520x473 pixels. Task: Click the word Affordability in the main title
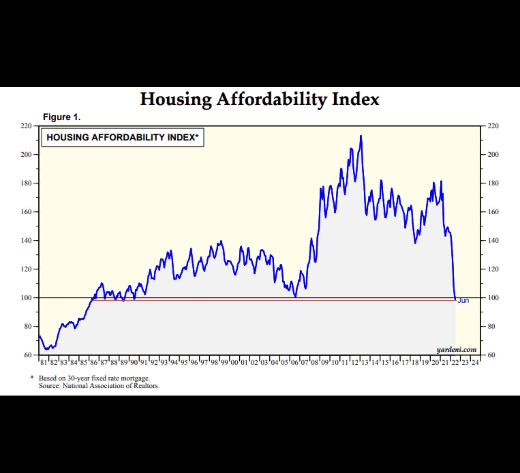pos(271,99)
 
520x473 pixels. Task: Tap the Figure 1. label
pos(62,117)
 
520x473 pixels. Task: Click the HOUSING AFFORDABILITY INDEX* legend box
pos(123,137)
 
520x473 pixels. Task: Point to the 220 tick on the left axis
pos(26,126)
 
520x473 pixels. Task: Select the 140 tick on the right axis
pos(493,240)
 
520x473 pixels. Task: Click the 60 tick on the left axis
pos(27,355)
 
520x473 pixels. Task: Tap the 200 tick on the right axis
pos(493,154)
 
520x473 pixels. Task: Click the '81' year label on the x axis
pos(44,362)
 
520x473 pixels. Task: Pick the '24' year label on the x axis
pos(475,362)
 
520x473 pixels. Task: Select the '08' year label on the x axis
pos(314,362)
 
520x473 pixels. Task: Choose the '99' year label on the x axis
pos(224,362)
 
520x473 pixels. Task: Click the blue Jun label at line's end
pos(463,301)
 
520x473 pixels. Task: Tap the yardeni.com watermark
pos(456,350)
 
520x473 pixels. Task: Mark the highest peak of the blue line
pos(361,136)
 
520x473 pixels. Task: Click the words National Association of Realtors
pos(111,386)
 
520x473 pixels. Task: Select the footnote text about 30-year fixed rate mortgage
pos(94,378)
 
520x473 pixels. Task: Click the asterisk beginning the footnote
pos(32,377)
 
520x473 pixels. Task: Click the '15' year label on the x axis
pos(385,362)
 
